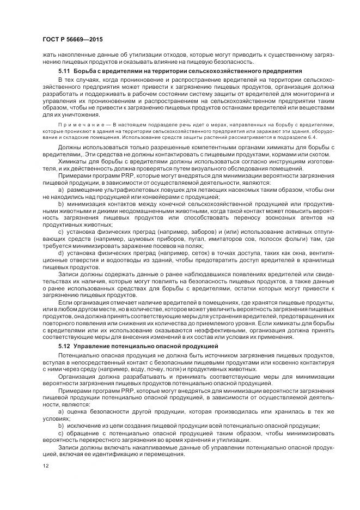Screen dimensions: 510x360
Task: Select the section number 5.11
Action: point(65,72)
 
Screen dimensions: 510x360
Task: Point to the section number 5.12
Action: point(65,346)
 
